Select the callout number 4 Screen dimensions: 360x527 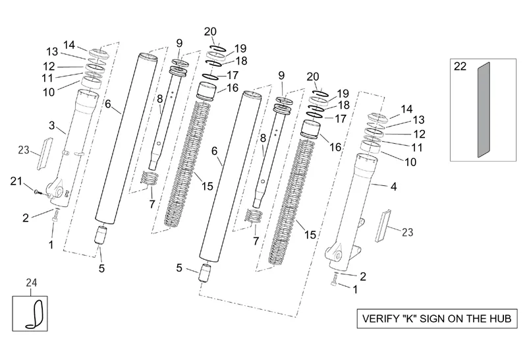(393, 187)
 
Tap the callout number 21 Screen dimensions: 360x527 (16, 181)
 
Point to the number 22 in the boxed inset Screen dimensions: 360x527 (460, 67)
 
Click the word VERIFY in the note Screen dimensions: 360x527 (381, 319)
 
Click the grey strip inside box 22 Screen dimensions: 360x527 (485, 109)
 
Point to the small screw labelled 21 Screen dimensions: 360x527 (38, 193)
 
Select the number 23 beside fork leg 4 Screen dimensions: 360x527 (407, 231)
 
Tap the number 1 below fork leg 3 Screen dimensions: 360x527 (51, 245)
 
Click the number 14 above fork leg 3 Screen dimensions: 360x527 (69, 45)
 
